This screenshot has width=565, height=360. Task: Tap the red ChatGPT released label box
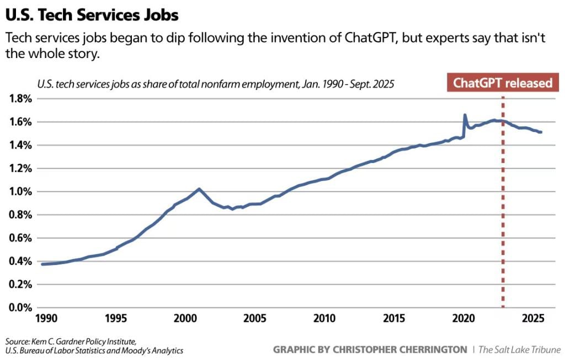click(502, 83)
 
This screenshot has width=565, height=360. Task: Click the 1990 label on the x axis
click(45, 319)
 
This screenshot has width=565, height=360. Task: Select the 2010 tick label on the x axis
click(324, 319)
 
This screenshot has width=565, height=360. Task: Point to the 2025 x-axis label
click(533, 319)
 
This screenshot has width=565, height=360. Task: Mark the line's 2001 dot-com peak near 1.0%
click(199, 189)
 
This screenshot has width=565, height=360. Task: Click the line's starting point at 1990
click(42, 264)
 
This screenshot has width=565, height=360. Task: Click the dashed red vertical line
click(503, 221)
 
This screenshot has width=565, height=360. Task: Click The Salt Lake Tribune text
click(519, 350)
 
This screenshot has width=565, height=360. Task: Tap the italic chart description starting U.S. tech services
click(216, 84)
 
